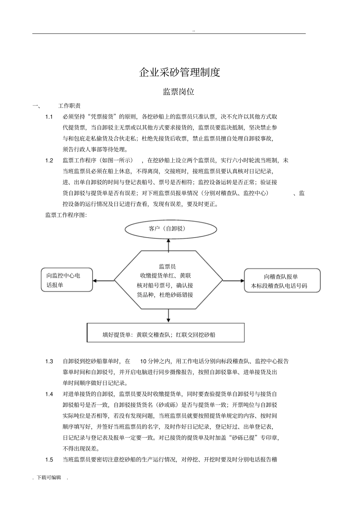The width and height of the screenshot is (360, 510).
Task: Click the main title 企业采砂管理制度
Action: tap(180, 72)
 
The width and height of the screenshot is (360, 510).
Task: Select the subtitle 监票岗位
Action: tap(178, 92)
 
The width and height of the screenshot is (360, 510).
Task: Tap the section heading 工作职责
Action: tap(69, 106)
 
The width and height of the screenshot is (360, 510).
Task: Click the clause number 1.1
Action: tap(49, 117)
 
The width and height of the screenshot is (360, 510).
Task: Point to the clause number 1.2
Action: tap(49, 160)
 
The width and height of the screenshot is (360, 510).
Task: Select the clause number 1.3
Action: tap(49, 361)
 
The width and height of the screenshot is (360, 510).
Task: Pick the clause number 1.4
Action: tap(49, 394)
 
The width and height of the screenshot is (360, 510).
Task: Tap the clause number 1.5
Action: tap(49, 460)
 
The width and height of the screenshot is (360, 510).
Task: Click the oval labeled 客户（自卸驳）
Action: tap(171, 229)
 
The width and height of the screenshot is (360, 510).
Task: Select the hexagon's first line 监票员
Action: tap(167, 267)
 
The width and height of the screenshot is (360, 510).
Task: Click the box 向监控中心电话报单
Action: tap(67, 280)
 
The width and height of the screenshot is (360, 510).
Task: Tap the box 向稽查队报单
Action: tap(282, 281)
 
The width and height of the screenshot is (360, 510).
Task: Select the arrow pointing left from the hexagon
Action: tap(103, 281)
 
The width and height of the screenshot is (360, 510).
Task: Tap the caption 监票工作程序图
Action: tap(66, 215)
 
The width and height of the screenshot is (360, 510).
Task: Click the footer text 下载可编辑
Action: tap(49, 477)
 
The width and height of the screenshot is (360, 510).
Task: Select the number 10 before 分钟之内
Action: tap(143, 361)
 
